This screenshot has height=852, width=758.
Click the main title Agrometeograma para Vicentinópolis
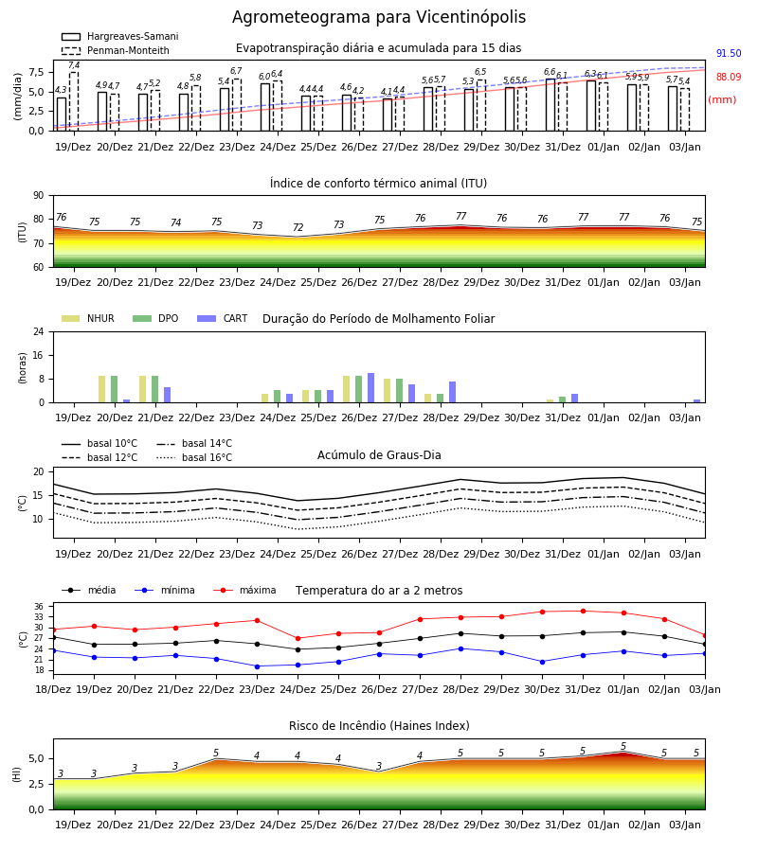point(379,17)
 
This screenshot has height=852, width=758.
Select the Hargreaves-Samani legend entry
point(120,36)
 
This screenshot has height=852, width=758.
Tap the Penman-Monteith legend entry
point(116,50)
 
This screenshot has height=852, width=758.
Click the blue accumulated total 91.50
point(729,53)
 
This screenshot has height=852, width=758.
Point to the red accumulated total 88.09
point(729,77)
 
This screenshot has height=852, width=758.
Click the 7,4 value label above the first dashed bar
point(74,65)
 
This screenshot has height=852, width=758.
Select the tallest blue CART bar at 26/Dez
point(370,388)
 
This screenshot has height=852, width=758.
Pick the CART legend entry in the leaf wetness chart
point(223,318)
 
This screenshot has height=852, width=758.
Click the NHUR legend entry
point(88,318)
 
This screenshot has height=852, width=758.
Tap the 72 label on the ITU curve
point(298,227)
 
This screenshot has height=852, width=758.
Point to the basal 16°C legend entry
point(194,457)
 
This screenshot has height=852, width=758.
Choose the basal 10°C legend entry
point(99,443)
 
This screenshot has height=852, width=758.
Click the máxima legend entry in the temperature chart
point(244,590)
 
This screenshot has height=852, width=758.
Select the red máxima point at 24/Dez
point(298,638)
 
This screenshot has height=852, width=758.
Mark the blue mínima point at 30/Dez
point(542,662)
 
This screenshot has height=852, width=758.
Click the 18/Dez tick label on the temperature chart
point(53,689)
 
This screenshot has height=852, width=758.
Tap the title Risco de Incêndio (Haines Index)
point(379,726)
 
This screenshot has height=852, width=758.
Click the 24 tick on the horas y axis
point(39,331)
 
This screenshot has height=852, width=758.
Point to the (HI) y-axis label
point(16,774)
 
